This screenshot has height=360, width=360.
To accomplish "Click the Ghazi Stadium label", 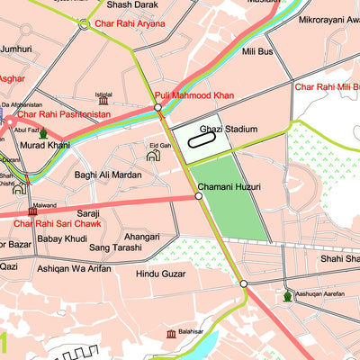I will (x=229, y=130).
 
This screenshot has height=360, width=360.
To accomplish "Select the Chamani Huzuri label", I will (x=229, y=187).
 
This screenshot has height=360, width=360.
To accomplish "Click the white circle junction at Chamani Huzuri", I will (x=198, y=195).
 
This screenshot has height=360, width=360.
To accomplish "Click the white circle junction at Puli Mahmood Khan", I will (x=157, y=107).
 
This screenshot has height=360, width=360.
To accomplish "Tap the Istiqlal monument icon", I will (x=103, y=101).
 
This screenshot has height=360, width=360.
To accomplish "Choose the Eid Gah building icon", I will (x=153, y=155).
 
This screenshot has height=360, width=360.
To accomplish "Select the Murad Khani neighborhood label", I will (x=46, y=145).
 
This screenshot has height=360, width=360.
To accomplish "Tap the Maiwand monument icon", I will (x=33, y=211).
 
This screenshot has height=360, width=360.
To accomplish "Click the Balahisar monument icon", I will (x=170, y=334).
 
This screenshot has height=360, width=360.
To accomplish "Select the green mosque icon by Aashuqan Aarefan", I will (x=288, y=295).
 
